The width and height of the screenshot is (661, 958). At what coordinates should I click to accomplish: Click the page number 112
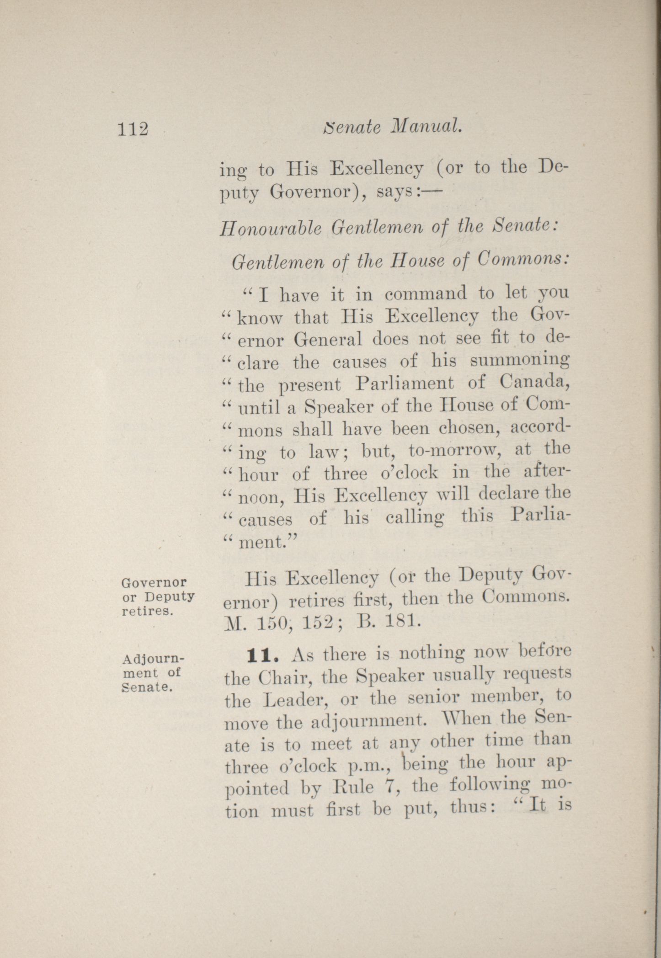pos(133,129)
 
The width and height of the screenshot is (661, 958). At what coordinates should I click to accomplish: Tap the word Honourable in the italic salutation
pos(272,229)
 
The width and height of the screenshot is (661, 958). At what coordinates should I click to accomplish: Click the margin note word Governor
pos(155,583)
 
